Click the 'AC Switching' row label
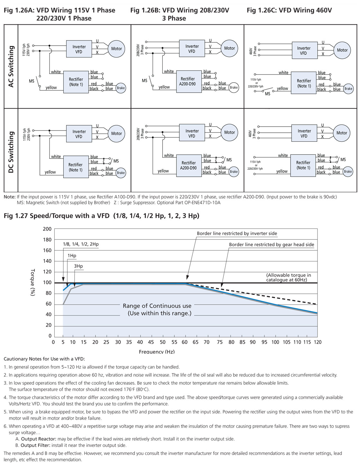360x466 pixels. [x=11, y=67]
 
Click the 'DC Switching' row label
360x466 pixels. [x=11, y=152]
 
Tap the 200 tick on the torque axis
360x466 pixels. [x=47, y=229]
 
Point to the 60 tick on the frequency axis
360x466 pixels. [x=184, y=342]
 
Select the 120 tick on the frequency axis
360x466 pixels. [x=317, y=342]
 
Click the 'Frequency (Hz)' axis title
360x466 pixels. [x=157, y=352]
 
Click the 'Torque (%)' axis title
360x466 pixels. [x=33, y=282]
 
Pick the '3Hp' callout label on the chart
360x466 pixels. [x=78, y=266]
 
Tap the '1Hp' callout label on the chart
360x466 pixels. [x=72, y=255]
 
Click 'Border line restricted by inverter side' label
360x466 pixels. [x=237, y=233]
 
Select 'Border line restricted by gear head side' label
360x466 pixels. [x=272, y=245]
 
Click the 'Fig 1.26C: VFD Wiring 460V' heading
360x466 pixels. [x=289, y=10]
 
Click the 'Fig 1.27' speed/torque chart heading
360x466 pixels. [x=102, y=216]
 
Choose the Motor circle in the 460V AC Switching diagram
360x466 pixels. [x=342, y=50]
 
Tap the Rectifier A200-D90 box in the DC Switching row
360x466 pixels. [x=189, y=166]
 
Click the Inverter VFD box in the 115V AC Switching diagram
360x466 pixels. [x=79, y=49]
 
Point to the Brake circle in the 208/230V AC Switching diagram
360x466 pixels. [x=234, y=87]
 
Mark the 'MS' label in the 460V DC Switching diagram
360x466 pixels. [x=343, y=159]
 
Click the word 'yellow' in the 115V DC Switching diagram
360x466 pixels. [x=50, y=172]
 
